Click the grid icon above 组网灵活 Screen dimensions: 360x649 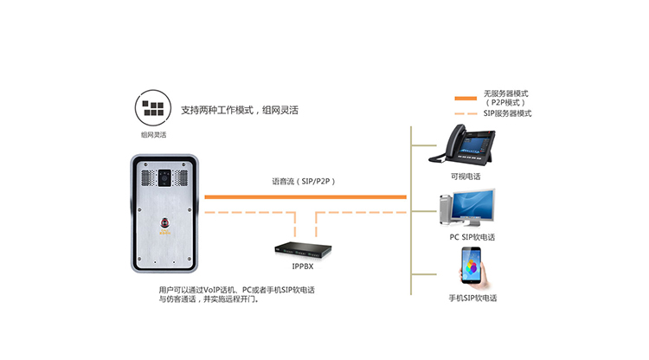(x=153, y=109)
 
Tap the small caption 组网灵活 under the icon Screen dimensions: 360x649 (x=153, y=135)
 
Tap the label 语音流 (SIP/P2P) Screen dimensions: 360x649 (x=303, y=182)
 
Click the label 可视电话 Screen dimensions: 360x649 (x=466, y=176)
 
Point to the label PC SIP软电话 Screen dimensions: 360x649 (x=472, y=236)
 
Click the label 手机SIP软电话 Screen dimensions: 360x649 (x=472, y=298)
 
